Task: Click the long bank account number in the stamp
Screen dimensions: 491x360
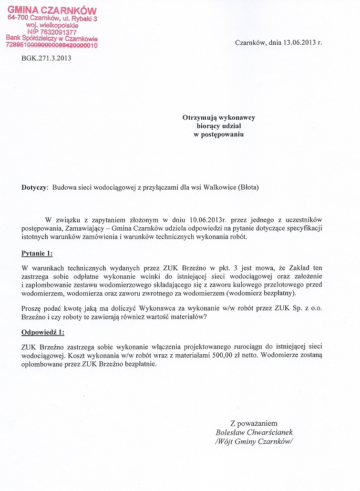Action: pyautogui.click(x=51, y=45)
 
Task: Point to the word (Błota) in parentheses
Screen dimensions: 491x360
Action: pyautogui.click(x=247, y=188)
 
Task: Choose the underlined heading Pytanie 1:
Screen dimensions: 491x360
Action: pyautogui.click(x=38, y=253)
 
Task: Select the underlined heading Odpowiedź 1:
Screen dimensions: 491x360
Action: pyautogui.click(x=43, y=332)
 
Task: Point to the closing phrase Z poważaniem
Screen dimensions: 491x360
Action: pyautogui.click(x=254, y=423)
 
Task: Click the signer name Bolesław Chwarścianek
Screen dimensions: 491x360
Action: pyautogui.click(x=254, y=432)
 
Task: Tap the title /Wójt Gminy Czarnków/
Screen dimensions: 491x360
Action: pyautogui.click(x=254, y=441)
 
